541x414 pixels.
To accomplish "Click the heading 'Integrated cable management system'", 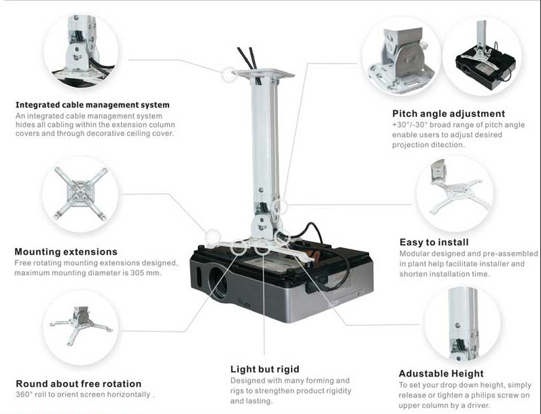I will click(92, 105).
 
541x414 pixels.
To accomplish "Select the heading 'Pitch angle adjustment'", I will click(449, 114).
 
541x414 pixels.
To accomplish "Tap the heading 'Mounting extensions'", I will click(66, 252).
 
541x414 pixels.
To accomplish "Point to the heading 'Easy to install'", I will click(434, 242).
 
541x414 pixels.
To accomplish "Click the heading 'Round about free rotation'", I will click(79, 383).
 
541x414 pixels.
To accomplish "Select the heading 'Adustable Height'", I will click(441, 373).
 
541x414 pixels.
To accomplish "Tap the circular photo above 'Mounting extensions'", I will click(80, 194).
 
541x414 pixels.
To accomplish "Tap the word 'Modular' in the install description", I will click(414, 254).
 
